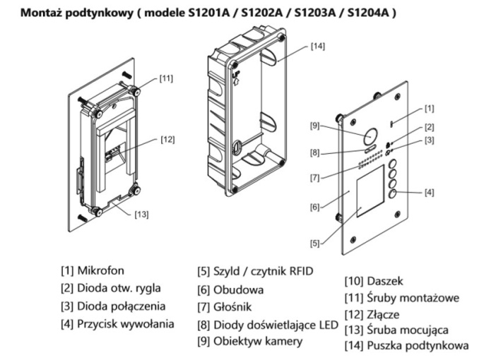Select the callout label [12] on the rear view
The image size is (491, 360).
(167, 138)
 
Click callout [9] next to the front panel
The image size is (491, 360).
(316, 126)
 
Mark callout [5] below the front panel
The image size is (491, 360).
(316, 243)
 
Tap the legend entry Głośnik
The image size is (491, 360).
(234, 307)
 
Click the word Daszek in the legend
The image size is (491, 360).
(386, 280)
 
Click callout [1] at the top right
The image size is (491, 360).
(430, 108)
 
